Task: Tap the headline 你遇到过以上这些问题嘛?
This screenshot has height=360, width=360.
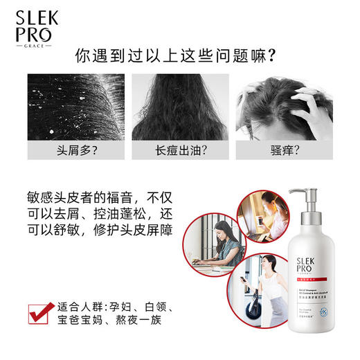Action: click(x=179, y=55)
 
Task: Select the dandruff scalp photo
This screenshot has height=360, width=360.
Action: click(x=73, y=107)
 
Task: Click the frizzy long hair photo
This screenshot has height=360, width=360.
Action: click(x=179, y=107)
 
